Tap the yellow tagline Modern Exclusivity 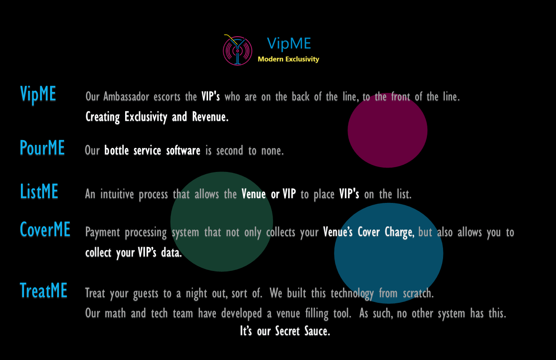point(288,59)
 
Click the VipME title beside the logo point(289,44)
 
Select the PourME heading point(42,147)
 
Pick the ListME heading point(39,191)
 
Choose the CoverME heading point(45,229)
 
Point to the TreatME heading point(44,290)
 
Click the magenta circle point(388,130)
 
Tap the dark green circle point(222,222)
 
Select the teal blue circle point(389,253)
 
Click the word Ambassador point(126,96)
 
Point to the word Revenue point(210,117)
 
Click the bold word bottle point(116,150)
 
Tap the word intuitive point(117,194)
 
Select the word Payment point(102,232)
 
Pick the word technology point(352,293)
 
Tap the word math point(115,313)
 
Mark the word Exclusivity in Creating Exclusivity point(146,117)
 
